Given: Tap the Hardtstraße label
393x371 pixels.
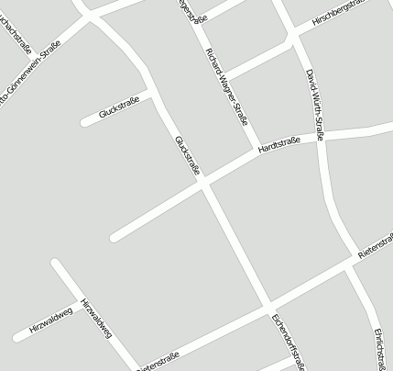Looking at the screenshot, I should pyautogui.click(x=279, y=146).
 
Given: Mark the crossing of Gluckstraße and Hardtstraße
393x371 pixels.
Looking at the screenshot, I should pyautogui.click(x=203, y=184).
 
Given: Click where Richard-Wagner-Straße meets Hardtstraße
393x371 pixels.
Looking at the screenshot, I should pyautogui.click(x=254, y=150).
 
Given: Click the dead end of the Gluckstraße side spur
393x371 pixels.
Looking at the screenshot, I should pyautogui.click(x=84, y=121).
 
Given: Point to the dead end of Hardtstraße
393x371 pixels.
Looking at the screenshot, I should pyautogui.click(x=114, y=238).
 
